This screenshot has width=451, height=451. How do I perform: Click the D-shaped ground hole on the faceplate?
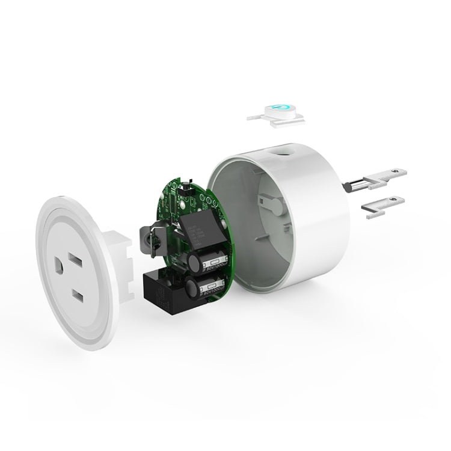[61, 265]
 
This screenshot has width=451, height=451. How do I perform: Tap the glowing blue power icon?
[281, 109]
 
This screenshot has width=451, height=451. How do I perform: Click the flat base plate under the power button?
[276, 121]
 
